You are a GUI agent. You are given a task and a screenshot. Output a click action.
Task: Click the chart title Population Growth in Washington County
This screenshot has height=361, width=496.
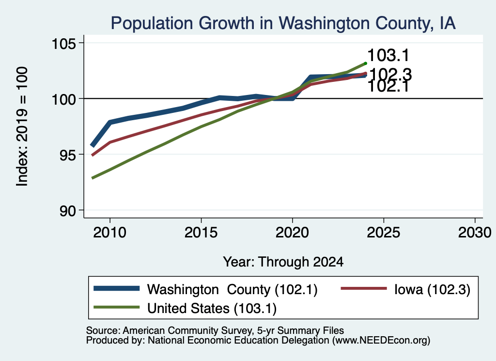pos(283,23)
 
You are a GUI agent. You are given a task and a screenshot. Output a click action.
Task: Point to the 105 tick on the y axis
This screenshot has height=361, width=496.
pos(64,43)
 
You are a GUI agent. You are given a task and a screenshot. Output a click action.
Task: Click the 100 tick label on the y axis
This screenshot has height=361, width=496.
pos(64,99)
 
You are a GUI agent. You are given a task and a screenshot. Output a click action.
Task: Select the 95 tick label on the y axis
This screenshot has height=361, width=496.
pos(68,155)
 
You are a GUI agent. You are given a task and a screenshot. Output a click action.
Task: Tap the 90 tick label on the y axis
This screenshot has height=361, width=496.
pos(68,211)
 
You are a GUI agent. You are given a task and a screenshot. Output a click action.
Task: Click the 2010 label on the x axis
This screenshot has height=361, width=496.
pos(110,233)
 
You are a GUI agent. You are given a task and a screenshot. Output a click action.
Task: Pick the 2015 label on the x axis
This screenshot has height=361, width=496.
pos(201,233)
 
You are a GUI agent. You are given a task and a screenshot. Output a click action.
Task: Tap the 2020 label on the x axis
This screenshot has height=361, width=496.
pos(292,233)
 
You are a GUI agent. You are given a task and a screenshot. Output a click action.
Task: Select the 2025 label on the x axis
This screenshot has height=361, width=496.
pos(384,233)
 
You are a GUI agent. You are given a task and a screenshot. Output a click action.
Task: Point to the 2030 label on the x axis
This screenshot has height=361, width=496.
pos(475,233)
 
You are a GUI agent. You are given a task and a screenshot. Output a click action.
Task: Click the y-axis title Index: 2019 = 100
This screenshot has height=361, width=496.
pos(22,126)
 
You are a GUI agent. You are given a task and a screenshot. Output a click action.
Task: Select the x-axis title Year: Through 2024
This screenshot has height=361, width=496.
pos(283,262)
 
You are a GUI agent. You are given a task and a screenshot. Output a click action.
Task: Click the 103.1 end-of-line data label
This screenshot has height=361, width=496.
pos(388,55)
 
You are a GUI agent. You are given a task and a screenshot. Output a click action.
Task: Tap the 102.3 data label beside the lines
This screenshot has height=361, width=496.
pos(390,75)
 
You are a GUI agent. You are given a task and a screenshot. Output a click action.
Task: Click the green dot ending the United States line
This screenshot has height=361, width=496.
pos(366,63)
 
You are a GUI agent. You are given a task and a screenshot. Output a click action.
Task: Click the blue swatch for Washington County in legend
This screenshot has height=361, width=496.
pos(117,288)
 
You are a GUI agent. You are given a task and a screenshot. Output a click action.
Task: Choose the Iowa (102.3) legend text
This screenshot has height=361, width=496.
pos(433,289)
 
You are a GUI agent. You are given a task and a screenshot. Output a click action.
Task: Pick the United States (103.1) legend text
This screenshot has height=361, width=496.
pos(212,309)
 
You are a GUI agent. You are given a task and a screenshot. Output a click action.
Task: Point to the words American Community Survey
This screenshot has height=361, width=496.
pos(187,330)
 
